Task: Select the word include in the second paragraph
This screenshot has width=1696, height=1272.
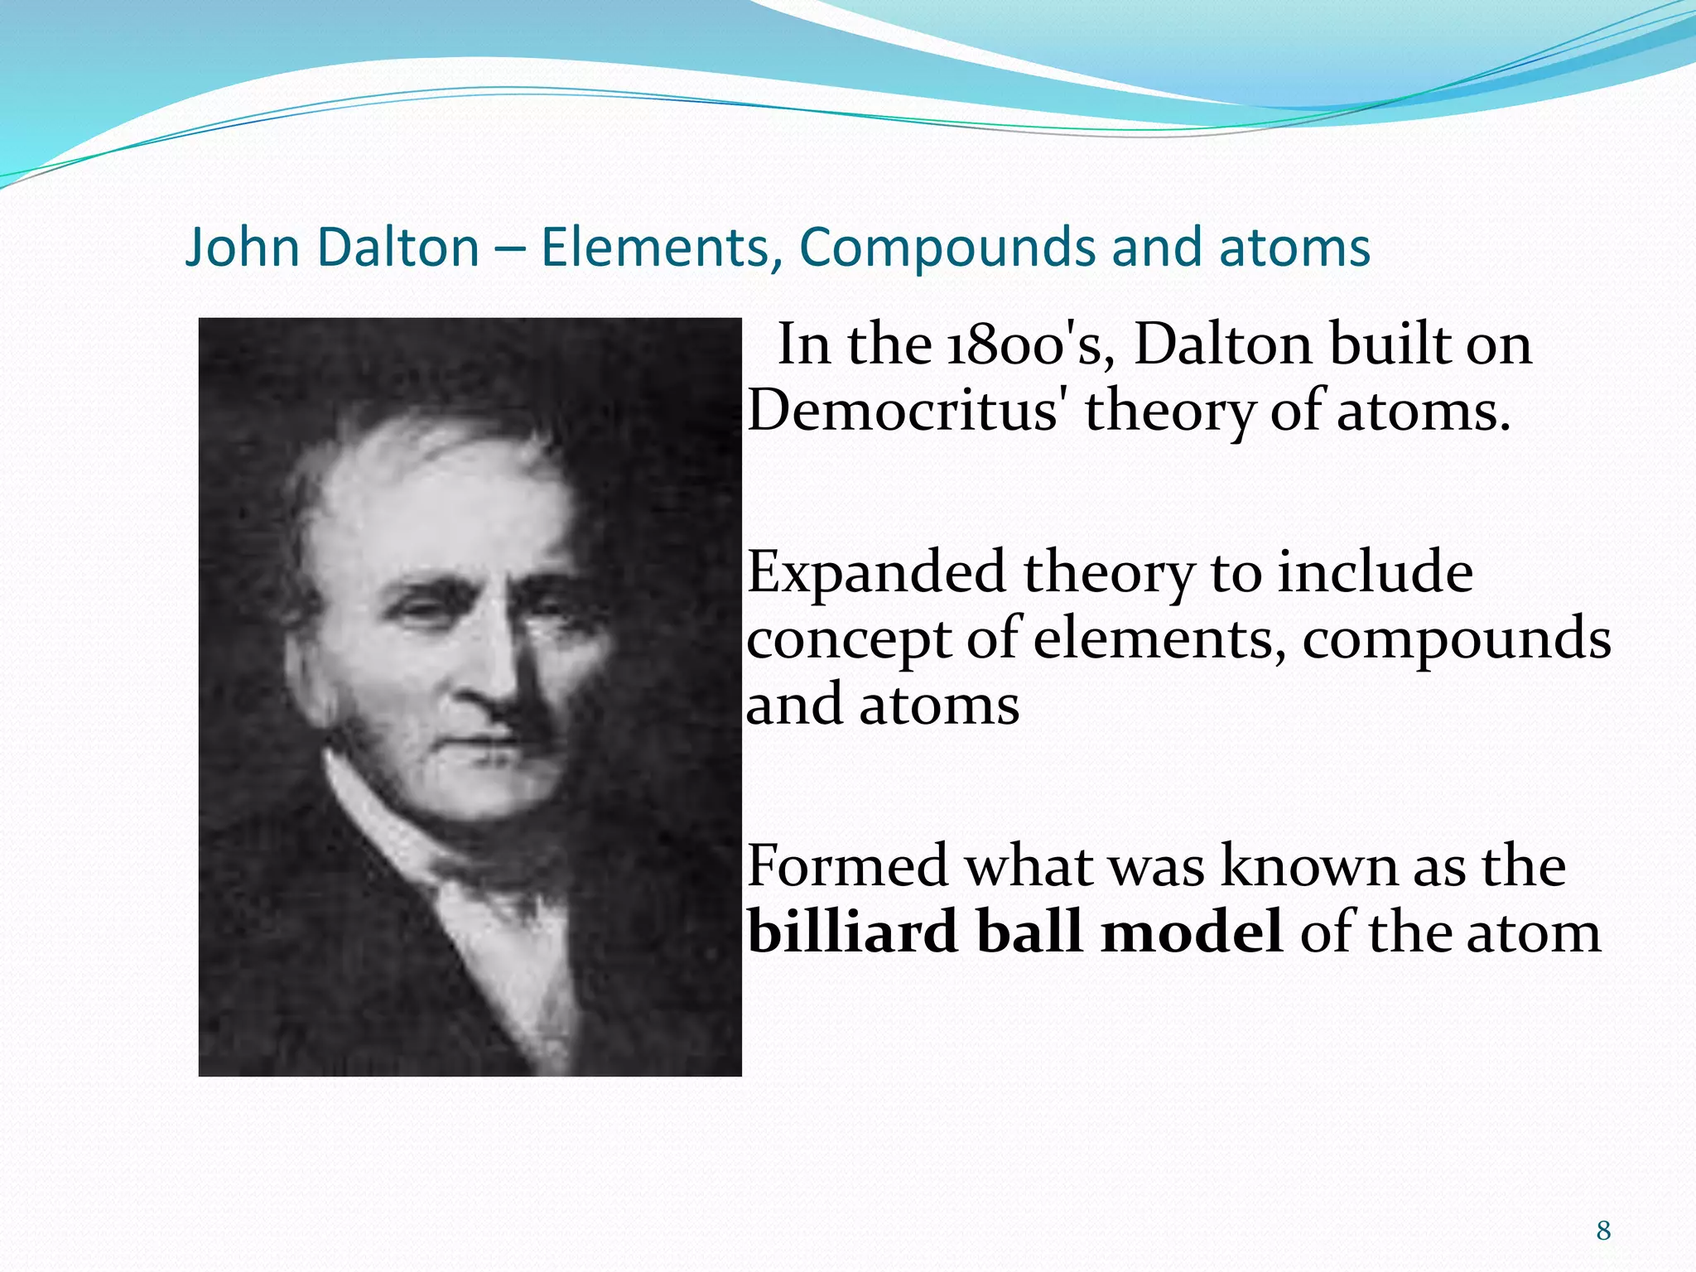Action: (x=1376, y=573)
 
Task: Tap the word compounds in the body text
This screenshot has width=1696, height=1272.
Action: (x=1457, y=639)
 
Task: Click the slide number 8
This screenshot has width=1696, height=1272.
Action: (x=1604, y=1231)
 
